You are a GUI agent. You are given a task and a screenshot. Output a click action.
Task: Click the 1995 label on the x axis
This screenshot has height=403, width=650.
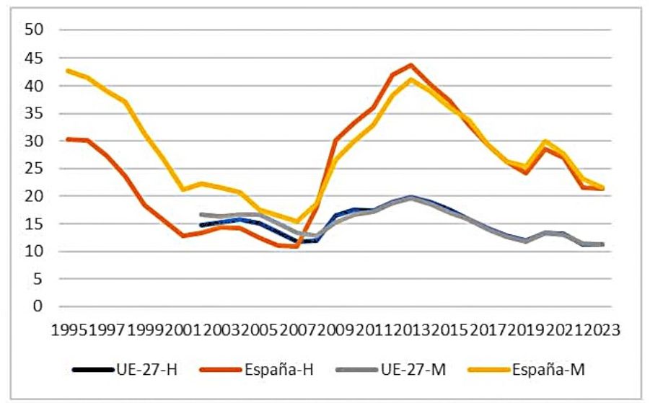69,329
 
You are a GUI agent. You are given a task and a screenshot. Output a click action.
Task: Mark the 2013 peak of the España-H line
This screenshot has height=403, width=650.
410,64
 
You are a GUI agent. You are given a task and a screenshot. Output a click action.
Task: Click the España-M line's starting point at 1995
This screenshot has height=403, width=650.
68,70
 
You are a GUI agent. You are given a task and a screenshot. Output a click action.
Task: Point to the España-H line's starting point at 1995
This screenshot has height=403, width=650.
68,139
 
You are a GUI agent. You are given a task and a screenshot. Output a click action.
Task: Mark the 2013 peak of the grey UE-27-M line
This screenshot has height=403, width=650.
410,198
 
